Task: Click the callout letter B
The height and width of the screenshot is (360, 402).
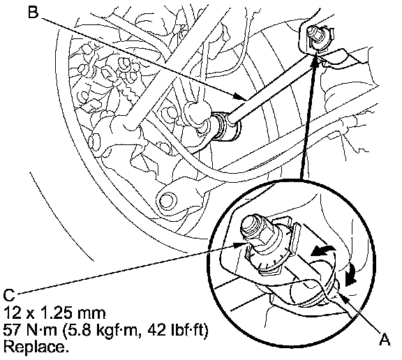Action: tap(33, 12)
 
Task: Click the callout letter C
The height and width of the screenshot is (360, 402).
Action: tap(10, 296)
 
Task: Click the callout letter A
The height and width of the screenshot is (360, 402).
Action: tap(384, 339)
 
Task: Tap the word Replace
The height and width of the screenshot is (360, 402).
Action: tap(36, 347)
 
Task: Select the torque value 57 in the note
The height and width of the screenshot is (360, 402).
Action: tap(13, 330)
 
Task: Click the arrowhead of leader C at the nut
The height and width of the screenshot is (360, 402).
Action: tap(239, 245)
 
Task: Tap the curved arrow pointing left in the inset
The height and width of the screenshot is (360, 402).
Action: tap(322, 251)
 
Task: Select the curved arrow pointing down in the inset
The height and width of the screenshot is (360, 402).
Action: tap(350, 276)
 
